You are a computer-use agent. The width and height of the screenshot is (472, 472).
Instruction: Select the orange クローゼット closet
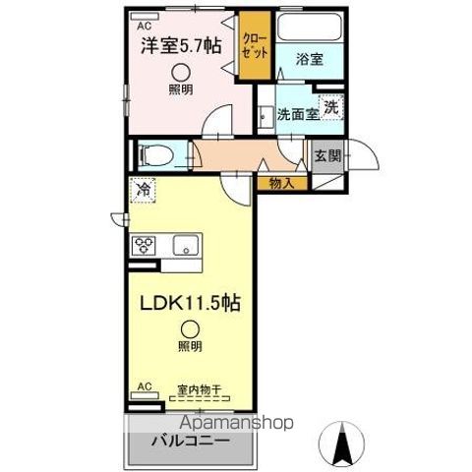click(255, 46)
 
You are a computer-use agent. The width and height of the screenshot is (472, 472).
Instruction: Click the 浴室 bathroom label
click(311, 58)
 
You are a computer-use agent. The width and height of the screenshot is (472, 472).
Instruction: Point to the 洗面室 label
click(297, 113)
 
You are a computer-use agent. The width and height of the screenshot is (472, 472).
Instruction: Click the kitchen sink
click(185, 245)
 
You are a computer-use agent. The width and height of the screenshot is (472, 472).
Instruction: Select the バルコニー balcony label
click(190, 439)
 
